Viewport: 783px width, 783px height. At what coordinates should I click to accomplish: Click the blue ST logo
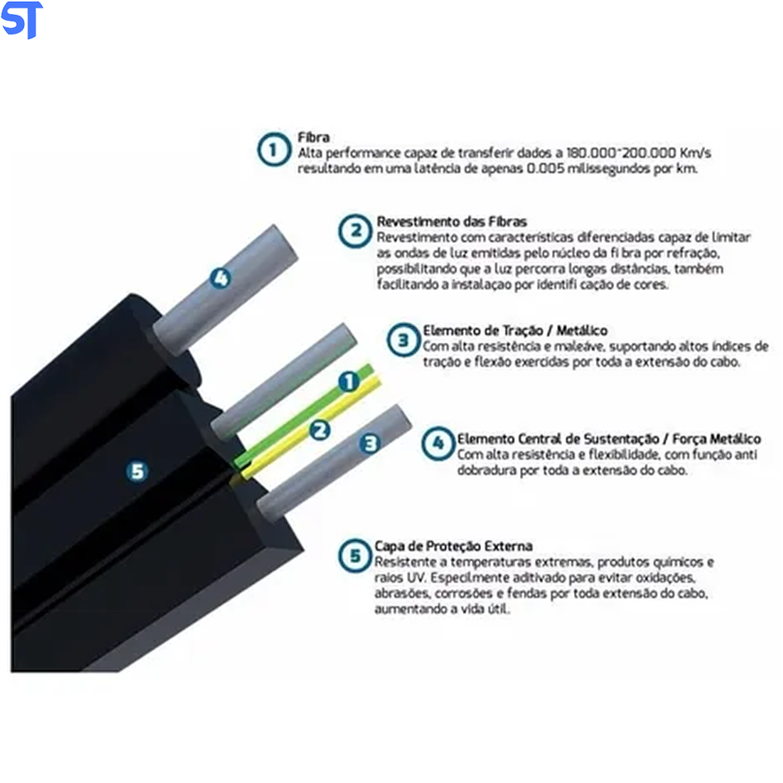(x=22, y=20)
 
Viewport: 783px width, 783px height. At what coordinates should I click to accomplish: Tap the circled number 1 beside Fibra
(x=274, y=150)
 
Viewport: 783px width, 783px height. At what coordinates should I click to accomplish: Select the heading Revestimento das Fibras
(x=452, y=222)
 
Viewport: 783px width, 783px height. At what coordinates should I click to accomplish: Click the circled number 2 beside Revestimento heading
(x=355, y=231)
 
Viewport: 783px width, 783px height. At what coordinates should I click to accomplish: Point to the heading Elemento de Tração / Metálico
(x=515, y=330)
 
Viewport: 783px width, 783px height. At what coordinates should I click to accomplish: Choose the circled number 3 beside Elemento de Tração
(x=403, y=340)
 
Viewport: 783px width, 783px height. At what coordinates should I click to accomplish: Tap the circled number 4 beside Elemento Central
(x=438, y=443)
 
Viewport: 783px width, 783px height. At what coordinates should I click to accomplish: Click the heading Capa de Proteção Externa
(x=453, y=546)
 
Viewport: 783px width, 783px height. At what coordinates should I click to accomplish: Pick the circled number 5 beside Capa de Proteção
(x=355, y=555)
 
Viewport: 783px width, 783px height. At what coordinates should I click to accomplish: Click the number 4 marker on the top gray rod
(x=220, y=278)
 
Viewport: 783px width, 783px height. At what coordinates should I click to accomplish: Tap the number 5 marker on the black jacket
(x=137, y=471)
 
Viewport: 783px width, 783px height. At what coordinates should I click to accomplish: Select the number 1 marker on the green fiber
(x=349, y=381)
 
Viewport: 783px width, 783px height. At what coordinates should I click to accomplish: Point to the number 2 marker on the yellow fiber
(x=319, y=430)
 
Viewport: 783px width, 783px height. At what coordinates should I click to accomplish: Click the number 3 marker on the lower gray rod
(x=370, y=443)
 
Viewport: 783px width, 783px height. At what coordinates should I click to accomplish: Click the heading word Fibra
(x=314, y=137)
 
